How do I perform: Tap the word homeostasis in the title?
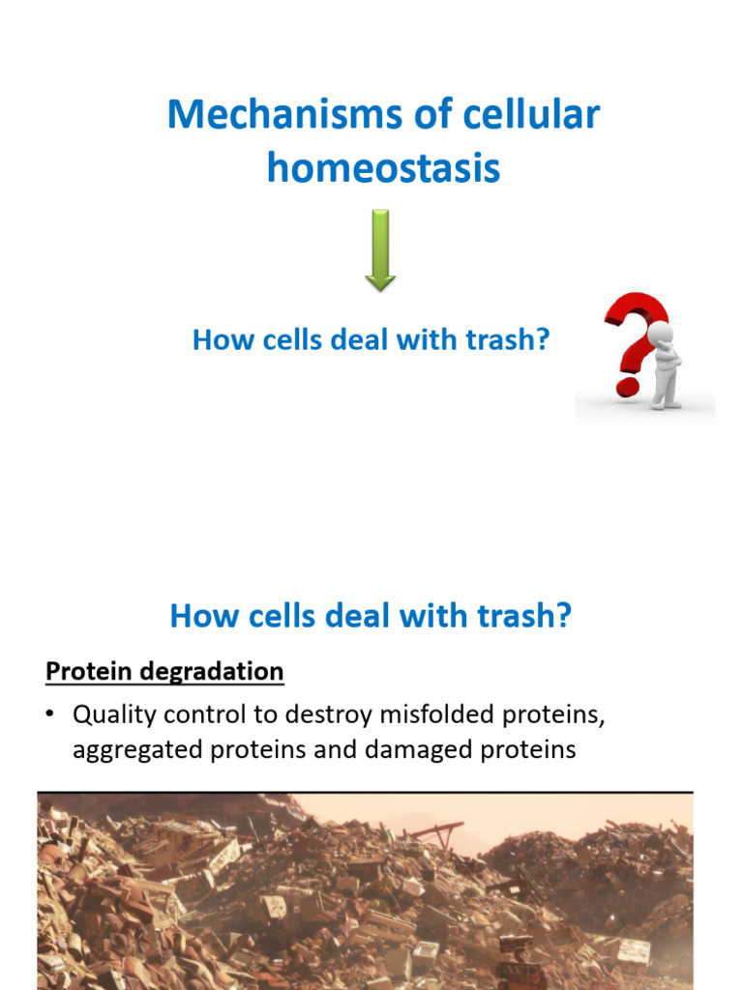(x=383, y=168)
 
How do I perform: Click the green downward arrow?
(x=380, y=250)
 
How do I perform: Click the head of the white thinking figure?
(x=661, y=335)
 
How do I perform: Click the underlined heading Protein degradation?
(x=164, y=671)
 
